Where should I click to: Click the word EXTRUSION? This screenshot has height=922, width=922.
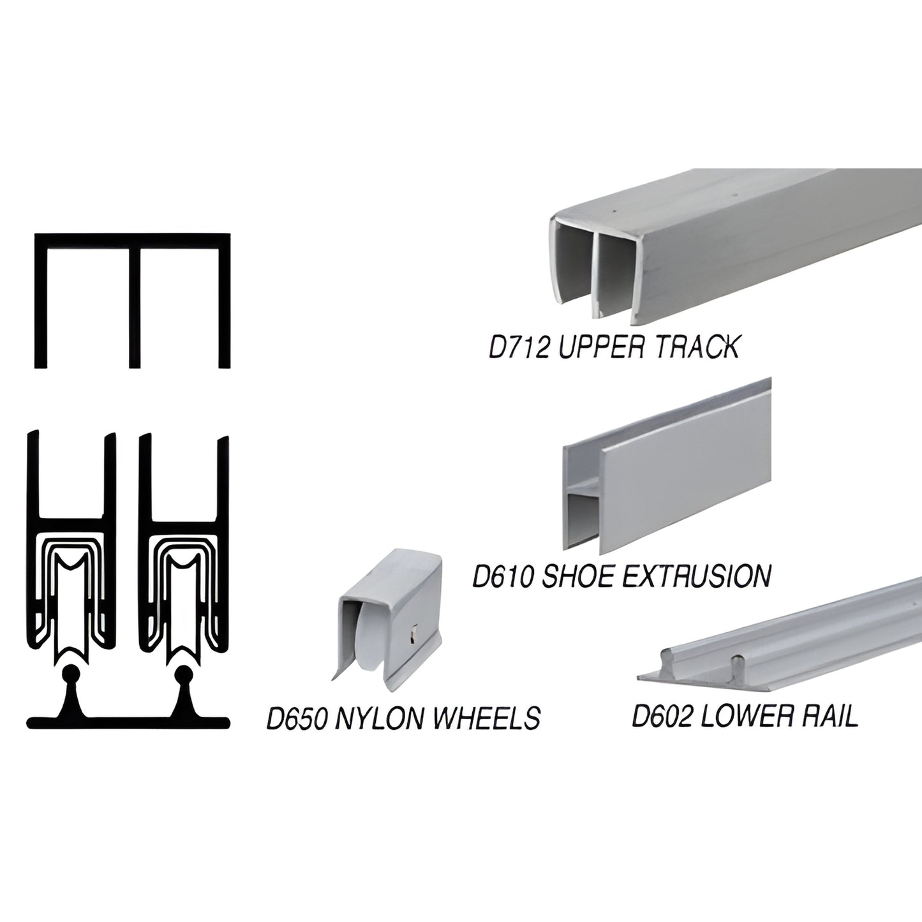696,576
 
